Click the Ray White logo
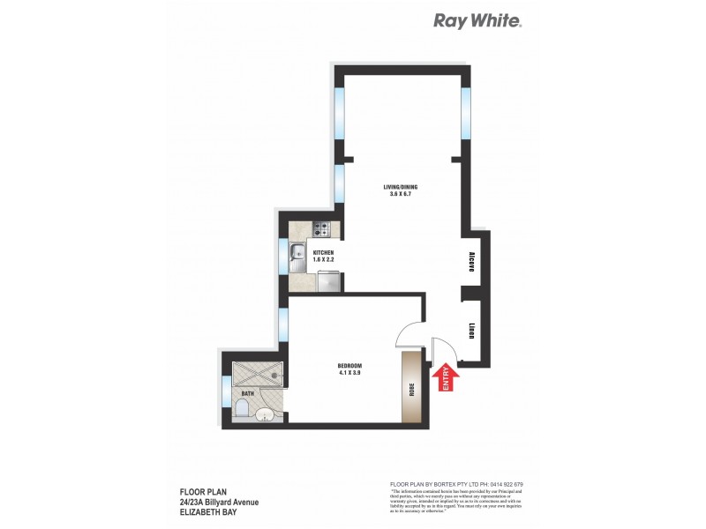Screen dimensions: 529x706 pyautogui.click(x=477, y=21)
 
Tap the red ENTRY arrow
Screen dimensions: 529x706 pyautogui.click(x=445, y=377)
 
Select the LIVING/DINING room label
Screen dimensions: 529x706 pyautogui.click(x=400, y=186)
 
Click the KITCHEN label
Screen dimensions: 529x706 pyautogui.click(x=324, y=253)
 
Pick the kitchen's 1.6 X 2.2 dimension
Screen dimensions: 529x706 pyautogui.click(x=324, y=261)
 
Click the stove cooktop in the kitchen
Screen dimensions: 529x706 pyautogui.click(x=321, y=231)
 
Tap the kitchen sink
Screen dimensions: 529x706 pyautogui.click(x=297, y=257)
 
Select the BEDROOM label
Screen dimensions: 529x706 pyautogui.click(x=349, y=366)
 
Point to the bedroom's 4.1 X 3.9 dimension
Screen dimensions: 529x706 pyautogui.click(x=349, y=374)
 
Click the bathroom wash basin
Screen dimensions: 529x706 pyautogui.click(x=266, y=414)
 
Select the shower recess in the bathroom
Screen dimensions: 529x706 pyautogui.click(x=259, y=374)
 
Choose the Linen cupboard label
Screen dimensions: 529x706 pyautogui.click(x=472, y=331)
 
